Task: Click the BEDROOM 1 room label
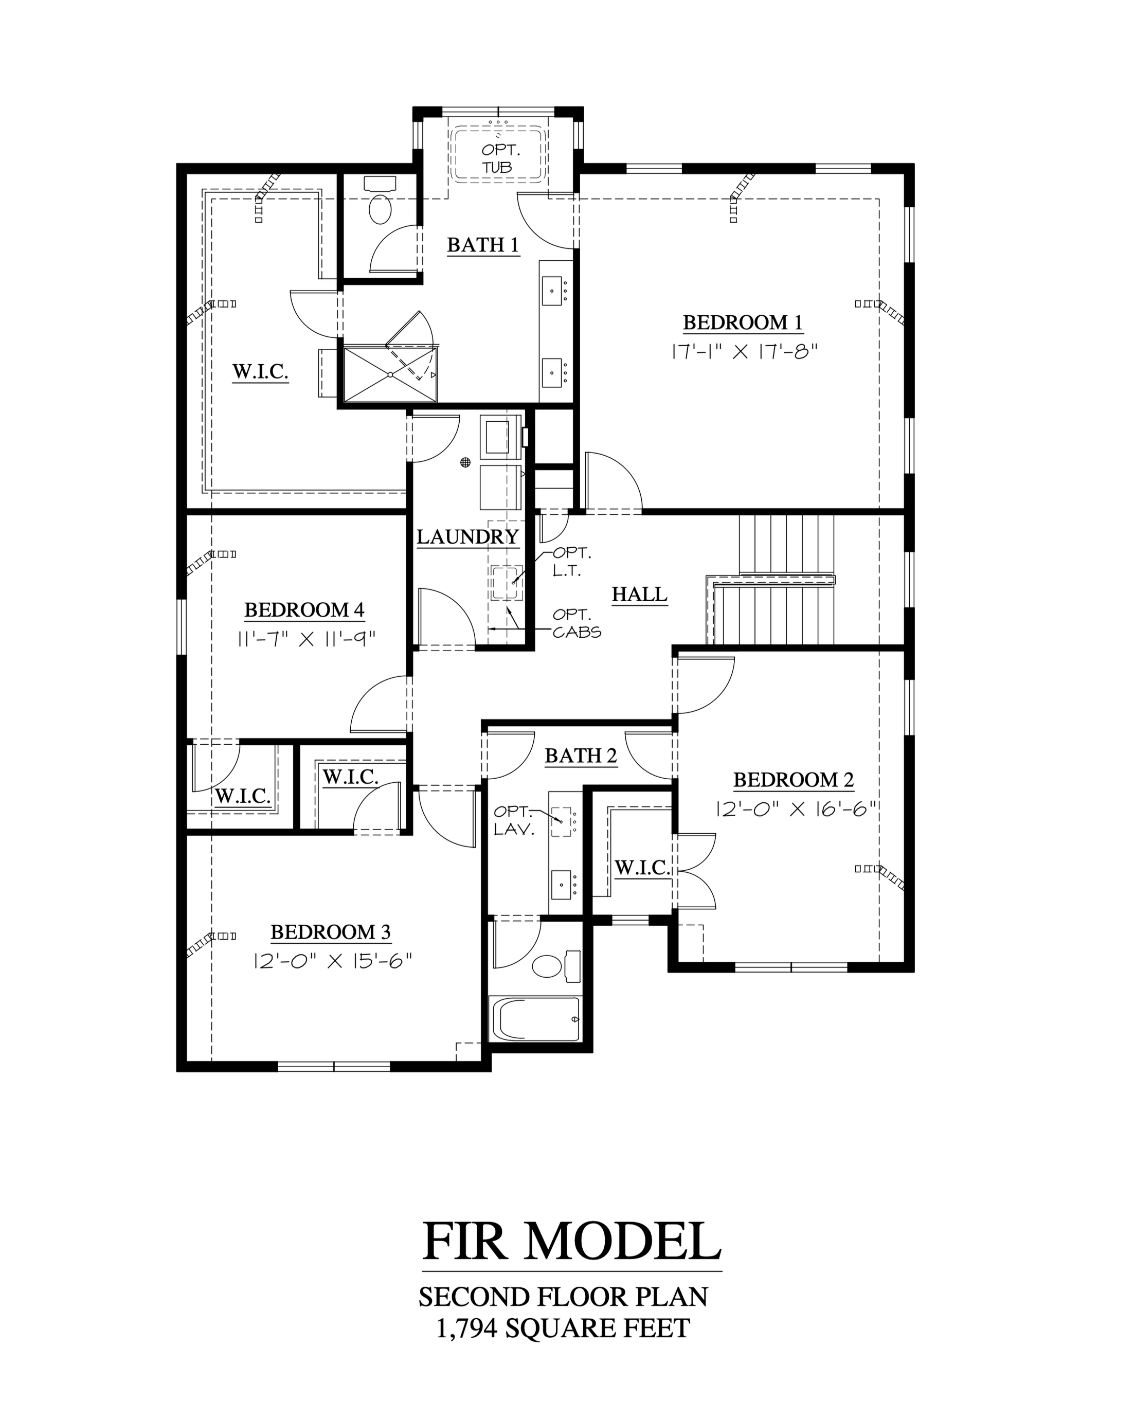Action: [743, 322]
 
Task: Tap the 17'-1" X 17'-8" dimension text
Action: [744, 351]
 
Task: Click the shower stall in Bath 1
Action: [390, 374]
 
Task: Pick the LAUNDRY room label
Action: [468, 537]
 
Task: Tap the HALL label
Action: [640, 595]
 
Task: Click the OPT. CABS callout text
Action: [576, 623]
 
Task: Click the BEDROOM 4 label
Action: [304, 610]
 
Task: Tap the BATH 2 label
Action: [581, 756]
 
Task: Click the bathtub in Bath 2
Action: [535, 1019]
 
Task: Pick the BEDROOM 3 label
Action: [330, 932]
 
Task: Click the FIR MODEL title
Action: [572, 1241]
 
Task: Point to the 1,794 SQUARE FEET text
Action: [563, 1328]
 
